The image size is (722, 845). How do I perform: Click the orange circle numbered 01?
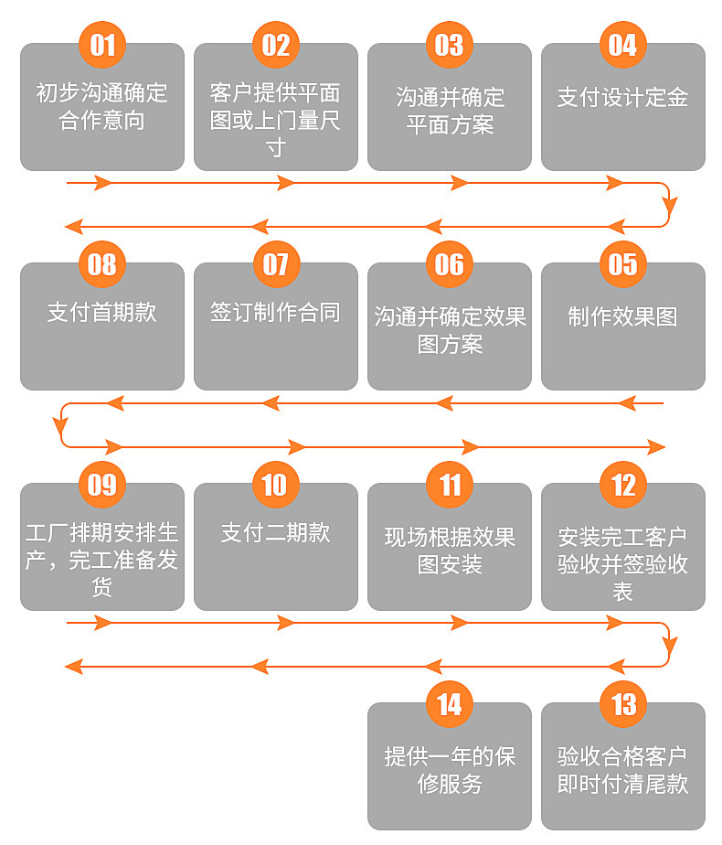click(102, 45)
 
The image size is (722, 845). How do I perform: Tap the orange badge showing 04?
click(623, 45)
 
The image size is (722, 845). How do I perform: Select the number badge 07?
click(276, 264)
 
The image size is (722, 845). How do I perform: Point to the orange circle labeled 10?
click(276, 484)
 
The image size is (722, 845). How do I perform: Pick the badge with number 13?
click(623, 704)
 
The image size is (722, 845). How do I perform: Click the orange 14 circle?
click(450, 704)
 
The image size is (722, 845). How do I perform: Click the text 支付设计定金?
click(623, 98)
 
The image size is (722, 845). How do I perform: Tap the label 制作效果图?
click(623, 316)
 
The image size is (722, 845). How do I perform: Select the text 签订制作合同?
click(276, 313)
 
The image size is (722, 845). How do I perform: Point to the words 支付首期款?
click(102, 313)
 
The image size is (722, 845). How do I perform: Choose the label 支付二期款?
click(276, 532)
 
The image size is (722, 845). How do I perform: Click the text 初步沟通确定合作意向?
click(102, 106)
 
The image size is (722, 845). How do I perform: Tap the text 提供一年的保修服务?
click(450, 771)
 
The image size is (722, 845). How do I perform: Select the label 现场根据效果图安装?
click(450, 551)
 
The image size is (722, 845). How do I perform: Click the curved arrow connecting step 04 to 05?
click(669, 205)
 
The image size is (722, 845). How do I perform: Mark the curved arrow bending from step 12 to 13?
click(669, 645)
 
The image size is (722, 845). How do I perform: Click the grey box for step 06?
click(450, 326)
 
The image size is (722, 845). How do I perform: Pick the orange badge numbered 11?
click(450, 484)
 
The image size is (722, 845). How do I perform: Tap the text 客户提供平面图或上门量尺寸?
click(276, 120)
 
